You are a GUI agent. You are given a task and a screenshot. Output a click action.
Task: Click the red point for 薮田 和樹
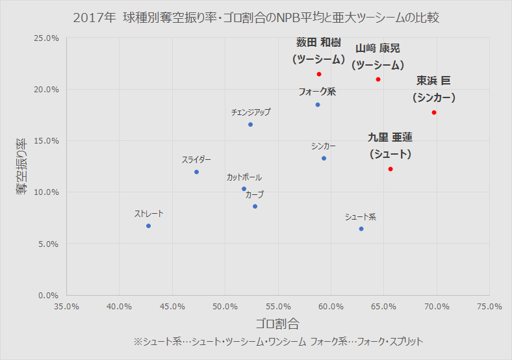tap(319, 74)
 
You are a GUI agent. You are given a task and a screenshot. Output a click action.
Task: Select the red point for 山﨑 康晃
tap(378, 79)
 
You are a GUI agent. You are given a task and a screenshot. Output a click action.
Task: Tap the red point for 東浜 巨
tap(434, 112)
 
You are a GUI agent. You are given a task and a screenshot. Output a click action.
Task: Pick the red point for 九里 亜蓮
tap(390, 169)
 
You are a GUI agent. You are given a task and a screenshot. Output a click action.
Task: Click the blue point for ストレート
tap(149, 225)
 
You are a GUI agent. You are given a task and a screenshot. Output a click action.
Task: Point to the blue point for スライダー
tap(196, 172)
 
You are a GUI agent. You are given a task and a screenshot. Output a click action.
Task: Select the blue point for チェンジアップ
tap(250, 124)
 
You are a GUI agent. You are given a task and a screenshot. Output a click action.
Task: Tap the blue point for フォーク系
tap(318, 105)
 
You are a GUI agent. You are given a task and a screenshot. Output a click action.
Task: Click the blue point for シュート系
tap(361, 229)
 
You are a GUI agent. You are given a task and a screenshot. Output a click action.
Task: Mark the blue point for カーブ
tap(255, 206)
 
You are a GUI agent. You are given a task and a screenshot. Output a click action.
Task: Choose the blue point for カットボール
tap(244, 188)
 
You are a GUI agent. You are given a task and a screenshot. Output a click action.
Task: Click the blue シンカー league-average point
tap(324, 158)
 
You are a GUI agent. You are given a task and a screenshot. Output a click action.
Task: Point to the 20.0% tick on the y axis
tap(47, 89)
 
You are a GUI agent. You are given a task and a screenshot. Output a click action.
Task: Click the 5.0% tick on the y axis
tap(49, 244)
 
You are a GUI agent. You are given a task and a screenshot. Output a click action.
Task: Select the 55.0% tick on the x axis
tap(278, 306)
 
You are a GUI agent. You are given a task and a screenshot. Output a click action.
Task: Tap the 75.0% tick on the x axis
tap(489, 306)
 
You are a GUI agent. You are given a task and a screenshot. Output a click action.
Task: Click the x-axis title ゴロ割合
tap(277, 323)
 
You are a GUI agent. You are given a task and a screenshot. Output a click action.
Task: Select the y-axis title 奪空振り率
tap(21, 166)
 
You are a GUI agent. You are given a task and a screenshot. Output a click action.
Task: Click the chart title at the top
tap(256, 18)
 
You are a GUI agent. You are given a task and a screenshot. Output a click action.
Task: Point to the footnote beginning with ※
tap(278, 341)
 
